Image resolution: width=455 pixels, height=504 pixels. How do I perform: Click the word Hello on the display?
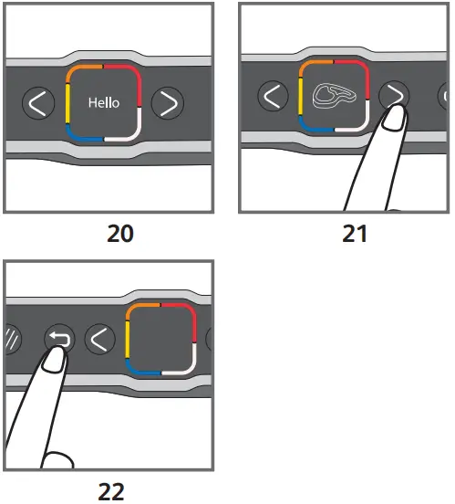[103, 103]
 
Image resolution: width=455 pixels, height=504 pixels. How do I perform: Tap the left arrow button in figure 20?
[37, 103]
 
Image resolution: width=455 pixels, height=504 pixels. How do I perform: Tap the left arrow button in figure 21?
[270, 95]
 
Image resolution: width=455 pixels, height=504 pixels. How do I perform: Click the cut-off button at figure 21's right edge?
[444, 95]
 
